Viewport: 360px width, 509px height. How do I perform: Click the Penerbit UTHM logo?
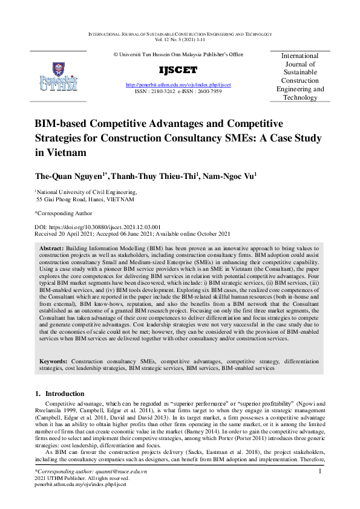[58, 76]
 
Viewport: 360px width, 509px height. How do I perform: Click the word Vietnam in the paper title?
[60, 152]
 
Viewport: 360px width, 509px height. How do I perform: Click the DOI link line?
[93, 226]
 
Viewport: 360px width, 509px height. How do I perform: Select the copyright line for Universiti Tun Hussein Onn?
[178, 54]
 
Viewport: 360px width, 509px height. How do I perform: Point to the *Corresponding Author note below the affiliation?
[64, 213]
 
